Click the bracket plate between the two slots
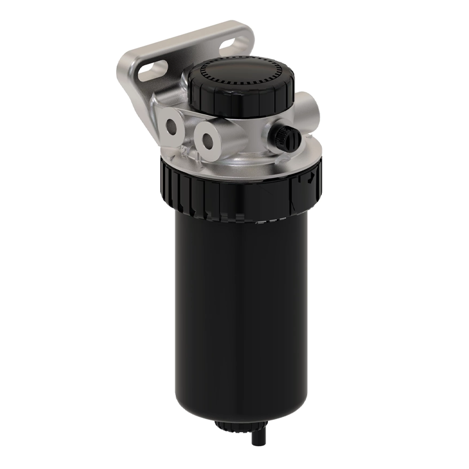point(193,56)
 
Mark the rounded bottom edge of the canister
point(240,410)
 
